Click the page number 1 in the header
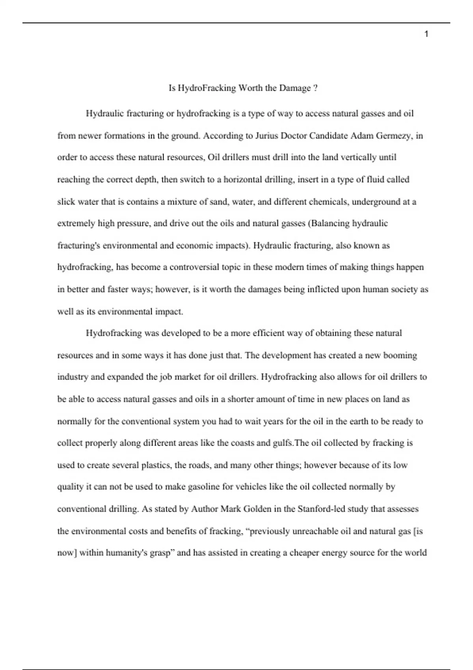(426, 34)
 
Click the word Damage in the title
(295, 88)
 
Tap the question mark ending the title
(315, 88)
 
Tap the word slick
(66, 202)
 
